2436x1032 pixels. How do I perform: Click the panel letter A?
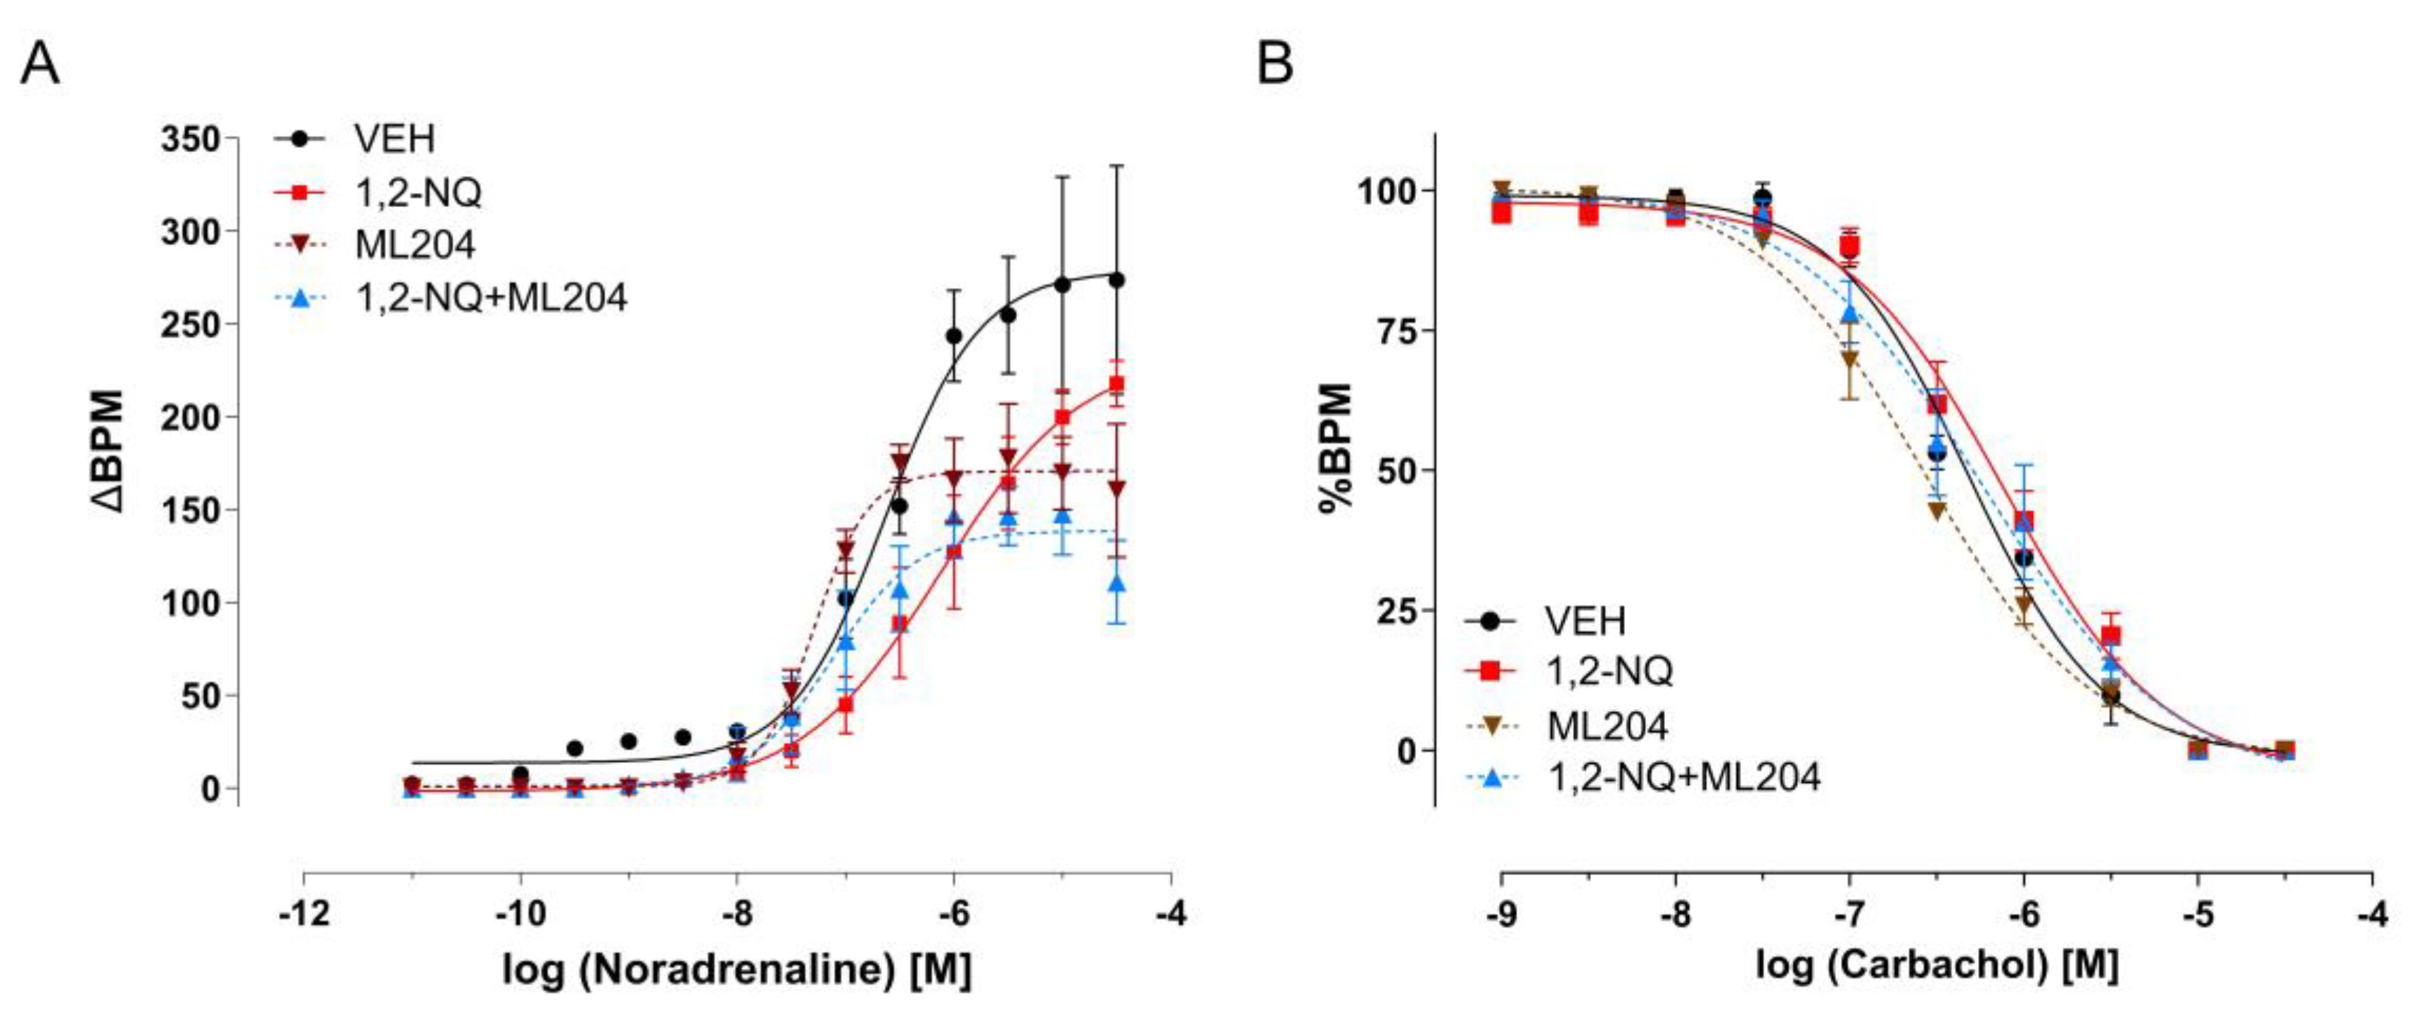click(x=39, y=64)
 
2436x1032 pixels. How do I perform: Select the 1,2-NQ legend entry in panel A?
click(x=417, y=193)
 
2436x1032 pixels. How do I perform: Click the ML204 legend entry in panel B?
click(x=1607, y=726)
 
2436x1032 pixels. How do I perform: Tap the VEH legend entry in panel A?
click(x=393, y=139)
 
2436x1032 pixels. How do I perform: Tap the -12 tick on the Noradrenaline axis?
click(x=305, y=914)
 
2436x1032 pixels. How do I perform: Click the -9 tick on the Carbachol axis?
click(x=1502, y=914)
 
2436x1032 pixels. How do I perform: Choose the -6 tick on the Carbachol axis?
click(x=2024, y=914)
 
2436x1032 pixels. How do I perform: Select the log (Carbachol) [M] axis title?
click(x=1937, y=965)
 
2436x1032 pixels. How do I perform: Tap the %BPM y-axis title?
click(x=1337, y=448)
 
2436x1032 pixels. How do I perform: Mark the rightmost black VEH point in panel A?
click(x=1117, y=280)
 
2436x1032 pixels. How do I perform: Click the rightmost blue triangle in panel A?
click(x=1117, y=584)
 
